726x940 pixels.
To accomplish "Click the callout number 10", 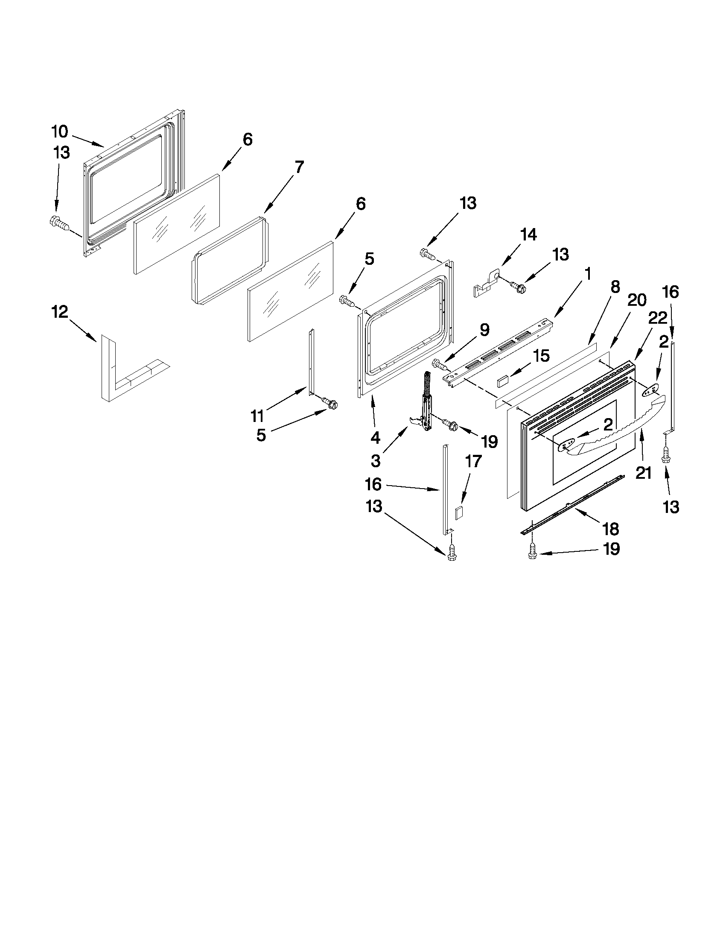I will (x=60, y=131).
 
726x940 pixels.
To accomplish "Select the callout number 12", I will (x=60, y=312).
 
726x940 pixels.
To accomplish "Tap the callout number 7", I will (x=299, y=167).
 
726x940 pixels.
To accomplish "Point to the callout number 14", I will (x=528, y=234).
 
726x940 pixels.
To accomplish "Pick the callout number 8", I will (x=615, y=287).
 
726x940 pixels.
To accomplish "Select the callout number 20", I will (x=637, y=300).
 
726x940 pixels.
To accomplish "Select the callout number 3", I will (x=376, y=460).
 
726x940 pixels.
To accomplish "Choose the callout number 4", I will (x=375, y=438).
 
